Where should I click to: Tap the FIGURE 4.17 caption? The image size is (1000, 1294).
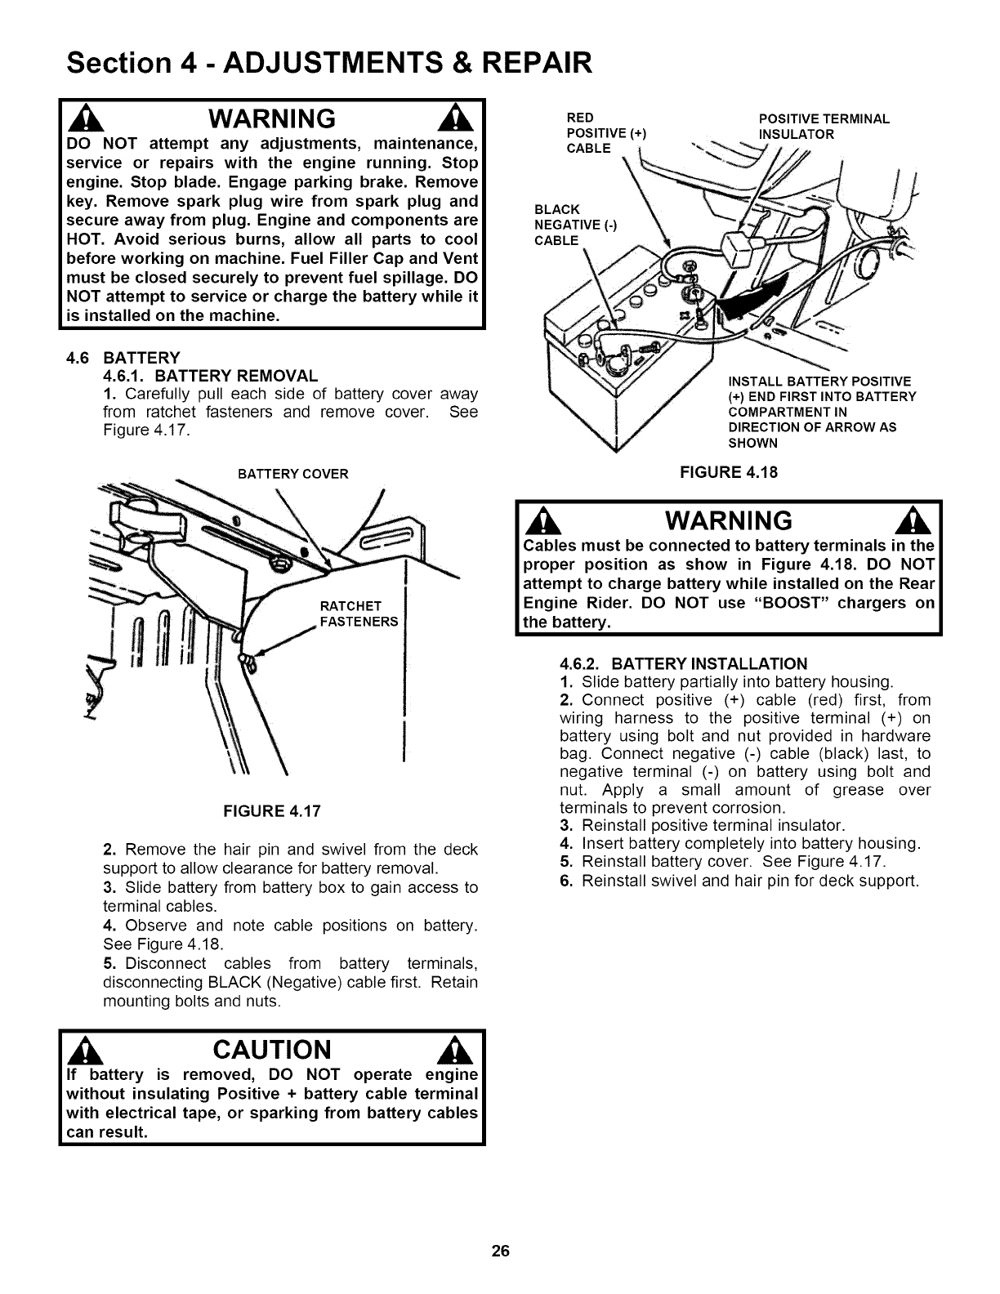(x=273, y=811)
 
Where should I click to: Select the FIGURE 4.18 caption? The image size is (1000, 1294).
(x=730, y=472)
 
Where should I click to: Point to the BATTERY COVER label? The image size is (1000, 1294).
(x=292, y=474)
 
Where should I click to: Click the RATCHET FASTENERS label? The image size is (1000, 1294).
(x=358, y=614)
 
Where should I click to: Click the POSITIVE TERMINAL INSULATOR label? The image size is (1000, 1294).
(x=823, y=127)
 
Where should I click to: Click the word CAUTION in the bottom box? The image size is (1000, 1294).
(x=272, y=1050)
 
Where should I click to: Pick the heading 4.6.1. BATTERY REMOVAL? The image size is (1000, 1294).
(x=211, y=377)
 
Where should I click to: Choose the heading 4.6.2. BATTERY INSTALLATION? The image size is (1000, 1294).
(x=683, y=663)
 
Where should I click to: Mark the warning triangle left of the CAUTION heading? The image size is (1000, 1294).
(x=83, y=1051)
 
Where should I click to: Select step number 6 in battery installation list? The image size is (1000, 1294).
(x=565, y=881)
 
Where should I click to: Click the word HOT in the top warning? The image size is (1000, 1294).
(x=85, y=239)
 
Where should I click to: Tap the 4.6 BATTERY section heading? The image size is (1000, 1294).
(x=123, y=358)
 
